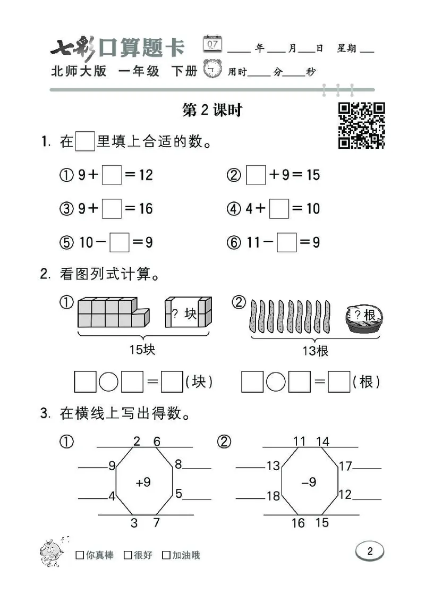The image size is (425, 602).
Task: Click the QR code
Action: (362, 125)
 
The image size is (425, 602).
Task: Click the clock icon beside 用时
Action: (213, 70)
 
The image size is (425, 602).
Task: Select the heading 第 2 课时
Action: (212, 110)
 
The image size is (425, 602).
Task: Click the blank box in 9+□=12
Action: (112, 175)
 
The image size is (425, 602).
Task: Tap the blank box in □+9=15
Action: (256, 175)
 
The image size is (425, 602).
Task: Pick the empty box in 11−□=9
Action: (287, 243)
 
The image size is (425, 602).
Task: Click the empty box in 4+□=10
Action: (279, 209)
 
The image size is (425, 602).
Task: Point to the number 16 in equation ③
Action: (146, 209)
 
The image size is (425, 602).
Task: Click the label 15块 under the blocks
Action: (142, 350)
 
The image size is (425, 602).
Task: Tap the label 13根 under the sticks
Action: (315, 350)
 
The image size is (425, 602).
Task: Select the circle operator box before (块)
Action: (109, 382)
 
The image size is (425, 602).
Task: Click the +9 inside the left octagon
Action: (143, 482)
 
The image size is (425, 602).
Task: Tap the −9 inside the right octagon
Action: (309, 482)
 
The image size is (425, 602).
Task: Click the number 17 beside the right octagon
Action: (345, 467)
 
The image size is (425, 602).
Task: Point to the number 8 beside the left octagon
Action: (178, 464)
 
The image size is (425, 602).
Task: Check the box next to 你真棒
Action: (80, 555)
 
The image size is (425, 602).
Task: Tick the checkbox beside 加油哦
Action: (166, 555)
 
